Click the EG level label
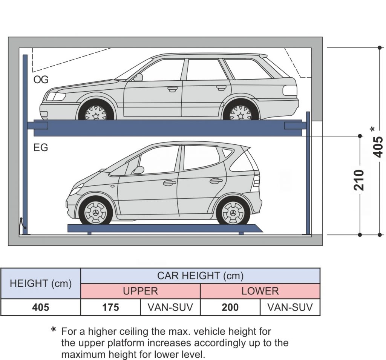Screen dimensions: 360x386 (41, 147)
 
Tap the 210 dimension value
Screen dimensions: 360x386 (360, 180)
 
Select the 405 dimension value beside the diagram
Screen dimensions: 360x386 (379, 146)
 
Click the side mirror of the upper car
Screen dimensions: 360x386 (138, 77)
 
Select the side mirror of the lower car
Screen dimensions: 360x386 (138, 170)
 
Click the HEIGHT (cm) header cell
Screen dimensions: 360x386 (41, 283)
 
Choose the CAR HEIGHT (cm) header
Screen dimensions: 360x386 (200, 276)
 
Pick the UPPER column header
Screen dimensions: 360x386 (140, 291)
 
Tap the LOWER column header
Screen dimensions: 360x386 (260, 291)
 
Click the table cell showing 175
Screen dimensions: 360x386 (110, 307)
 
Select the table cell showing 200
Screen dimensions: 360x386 (230, 307)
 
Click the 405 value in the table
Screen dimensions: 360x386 (41, 307)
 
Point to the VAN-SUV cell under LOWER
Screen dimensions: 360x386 (290, 307)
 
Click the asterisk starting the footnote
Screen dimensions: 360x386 (54, 331)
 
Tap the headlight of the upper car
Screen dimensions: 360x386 (55, 97)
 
